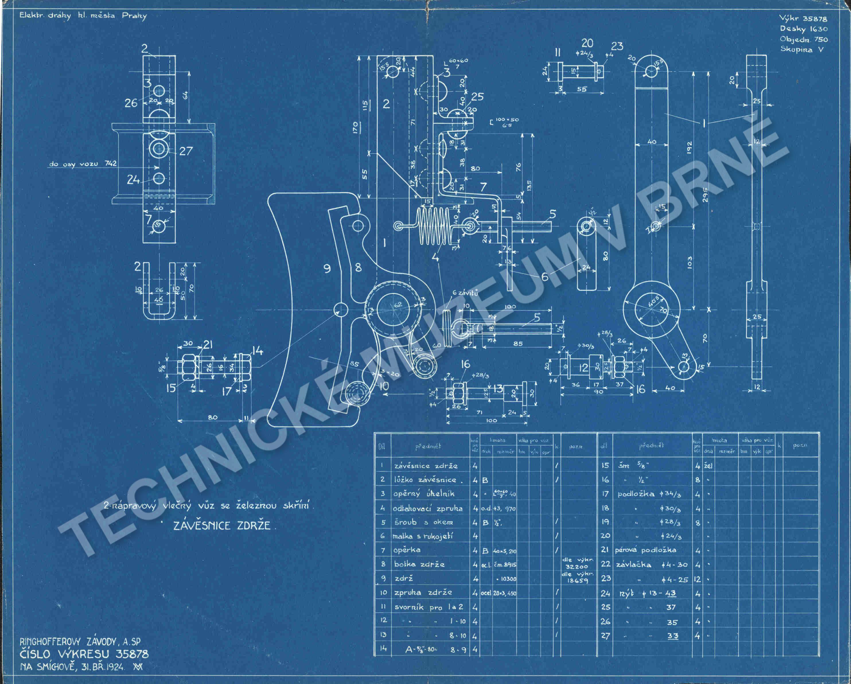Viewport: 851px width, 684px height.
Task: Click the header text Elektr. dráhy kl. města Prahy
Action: tap(83, 16)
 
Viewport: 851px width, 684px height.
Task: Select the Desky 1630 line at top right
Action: tap(803, 29)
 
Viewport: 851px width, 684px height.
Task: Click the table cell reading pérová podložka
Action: tap(645, 550)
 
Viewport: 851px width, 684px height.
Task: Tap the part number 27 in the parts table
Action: tap(605, 636)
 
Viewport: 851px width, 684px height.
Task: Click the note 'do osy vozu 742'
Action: tap(83, 164)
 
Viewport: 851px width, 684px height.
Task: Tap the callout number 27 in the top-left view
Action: tap(186, 151)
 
